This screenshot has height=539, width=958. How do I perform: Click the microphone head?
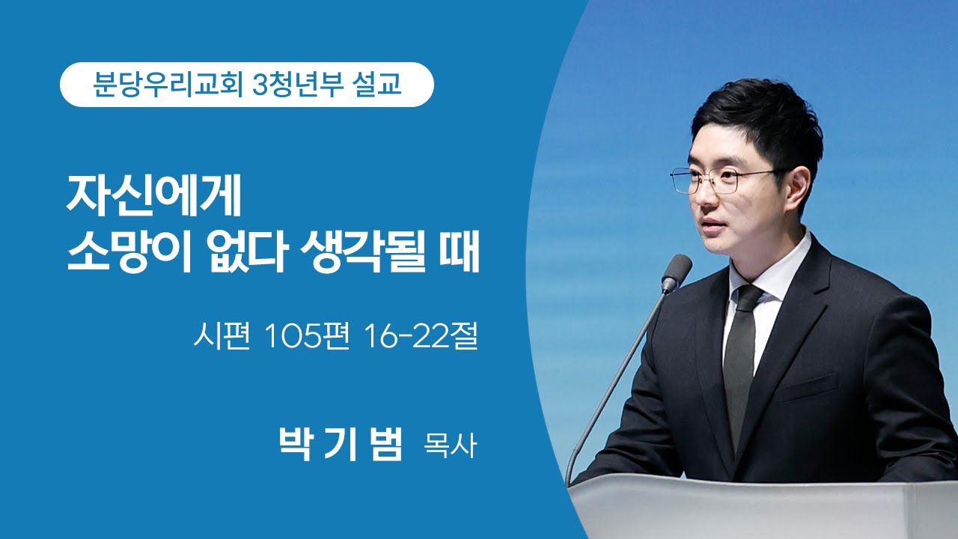(677, 272)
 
